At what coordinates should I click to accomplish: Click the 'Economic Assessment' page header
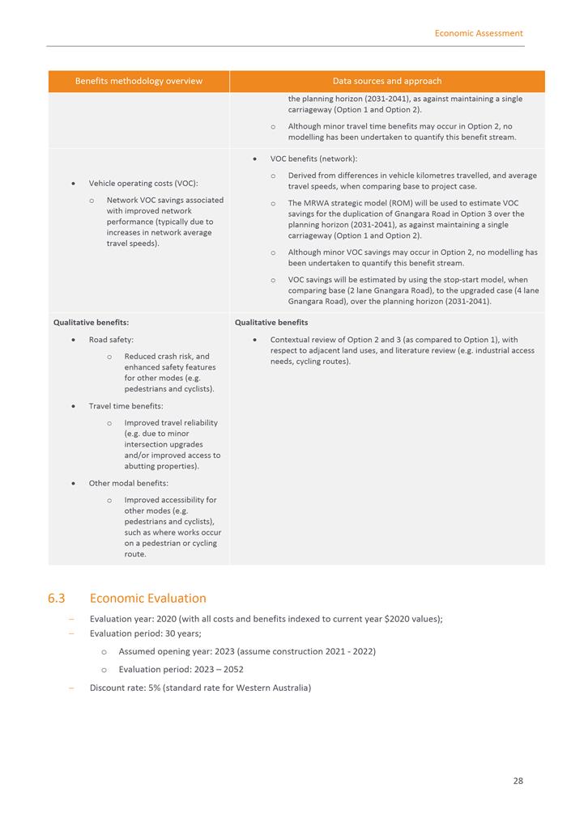pos(478,33)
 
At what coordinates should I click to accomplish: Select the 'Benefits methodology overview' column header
pos(138,81)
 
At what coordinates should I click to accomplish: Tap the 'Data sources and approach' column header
pos(387,81)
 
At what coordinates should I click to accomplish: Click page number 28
pos(518,781)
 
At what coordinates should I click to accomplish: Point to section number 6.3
pos(56,599)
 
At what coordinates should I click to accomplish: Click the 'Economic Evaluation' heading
pos(148,599)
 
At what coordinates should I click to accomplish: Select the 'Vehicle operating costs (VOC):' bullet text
pos(143,184)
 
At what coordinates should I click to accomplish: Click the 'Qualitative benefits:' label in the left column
pos(91,322)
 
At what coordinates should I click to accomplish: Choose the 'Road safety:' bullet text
pos(111,340)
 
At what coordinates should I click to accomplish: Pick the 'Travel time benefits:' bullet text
pos(126,406)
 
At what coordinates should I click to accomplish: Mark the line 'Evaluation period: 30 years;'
pos(145,633)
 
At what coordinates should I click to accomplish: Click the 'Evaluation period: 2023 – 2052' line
pos(181,670)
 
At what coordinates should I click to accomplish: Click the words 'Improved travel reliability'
pos(171,422)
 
